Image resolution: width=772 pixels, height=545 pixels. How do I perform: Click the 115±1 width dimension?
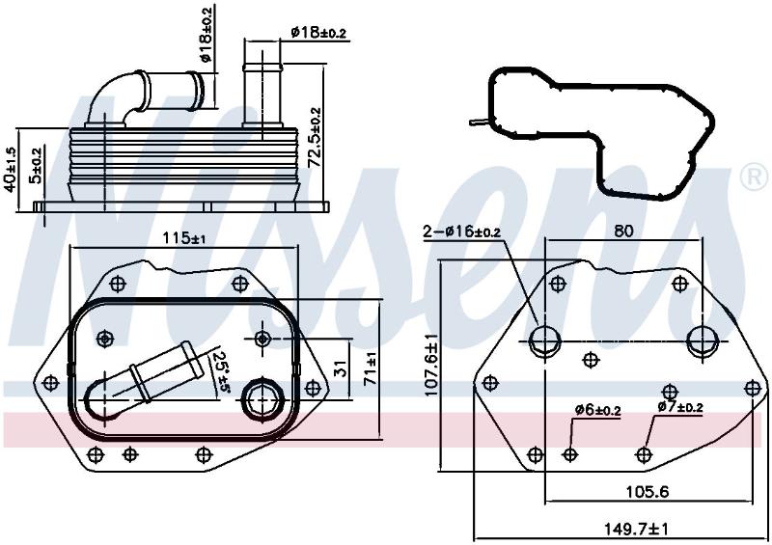pos(184,239)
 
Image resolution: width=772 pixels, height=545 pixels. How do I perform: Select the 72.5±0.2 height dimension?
pos(315,137)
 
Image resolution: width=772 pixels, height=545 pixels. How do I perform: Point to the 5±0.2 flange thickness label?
pos(36,168)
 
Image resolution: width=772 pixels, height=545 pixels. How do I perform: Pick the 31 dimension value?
pos(341,368)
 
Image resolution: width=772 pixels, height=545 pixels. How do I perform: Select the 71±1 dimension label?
pos(371,368)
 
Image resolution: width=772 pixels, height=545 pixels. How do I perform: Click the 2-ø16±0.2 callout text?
pos(462,231)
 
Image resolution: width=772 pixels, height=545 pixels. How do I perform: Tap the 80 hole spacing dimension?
pos(623,231)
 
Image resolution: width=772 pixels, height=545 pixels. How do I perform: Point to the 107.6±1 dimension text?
pos(431,365)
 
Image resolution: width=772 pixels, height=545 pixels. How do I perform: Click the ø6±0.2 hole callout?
pos(597,410)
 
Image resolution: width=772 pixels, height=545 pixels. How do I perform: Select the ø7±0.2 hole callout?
pos(680,407)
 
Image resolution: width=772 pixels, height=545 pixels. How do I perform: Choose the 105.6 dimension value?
pos(647,491)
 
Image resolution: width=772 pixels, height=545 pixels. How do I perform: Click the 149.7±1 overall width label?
pos(637,530)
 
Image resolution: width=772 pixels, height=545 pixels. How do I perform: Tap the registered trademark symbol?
pos(754,177)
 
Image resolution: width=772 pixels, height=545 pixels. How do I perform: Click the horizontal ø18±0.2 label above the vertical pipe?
pos(318,33)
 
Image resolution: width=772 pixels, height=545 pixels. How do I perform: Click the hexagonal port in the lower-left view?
pos(262,398)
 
